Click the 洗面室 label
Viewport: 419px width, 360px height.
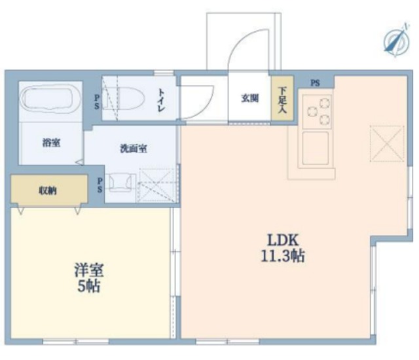133,148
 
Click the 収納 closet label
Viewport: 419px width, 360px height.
47,190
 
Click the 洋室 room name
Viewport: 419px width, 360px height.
89,270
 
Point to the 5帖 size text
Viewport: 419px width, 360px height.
90,287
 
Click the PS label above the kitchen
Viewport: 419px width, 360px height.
316,82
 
